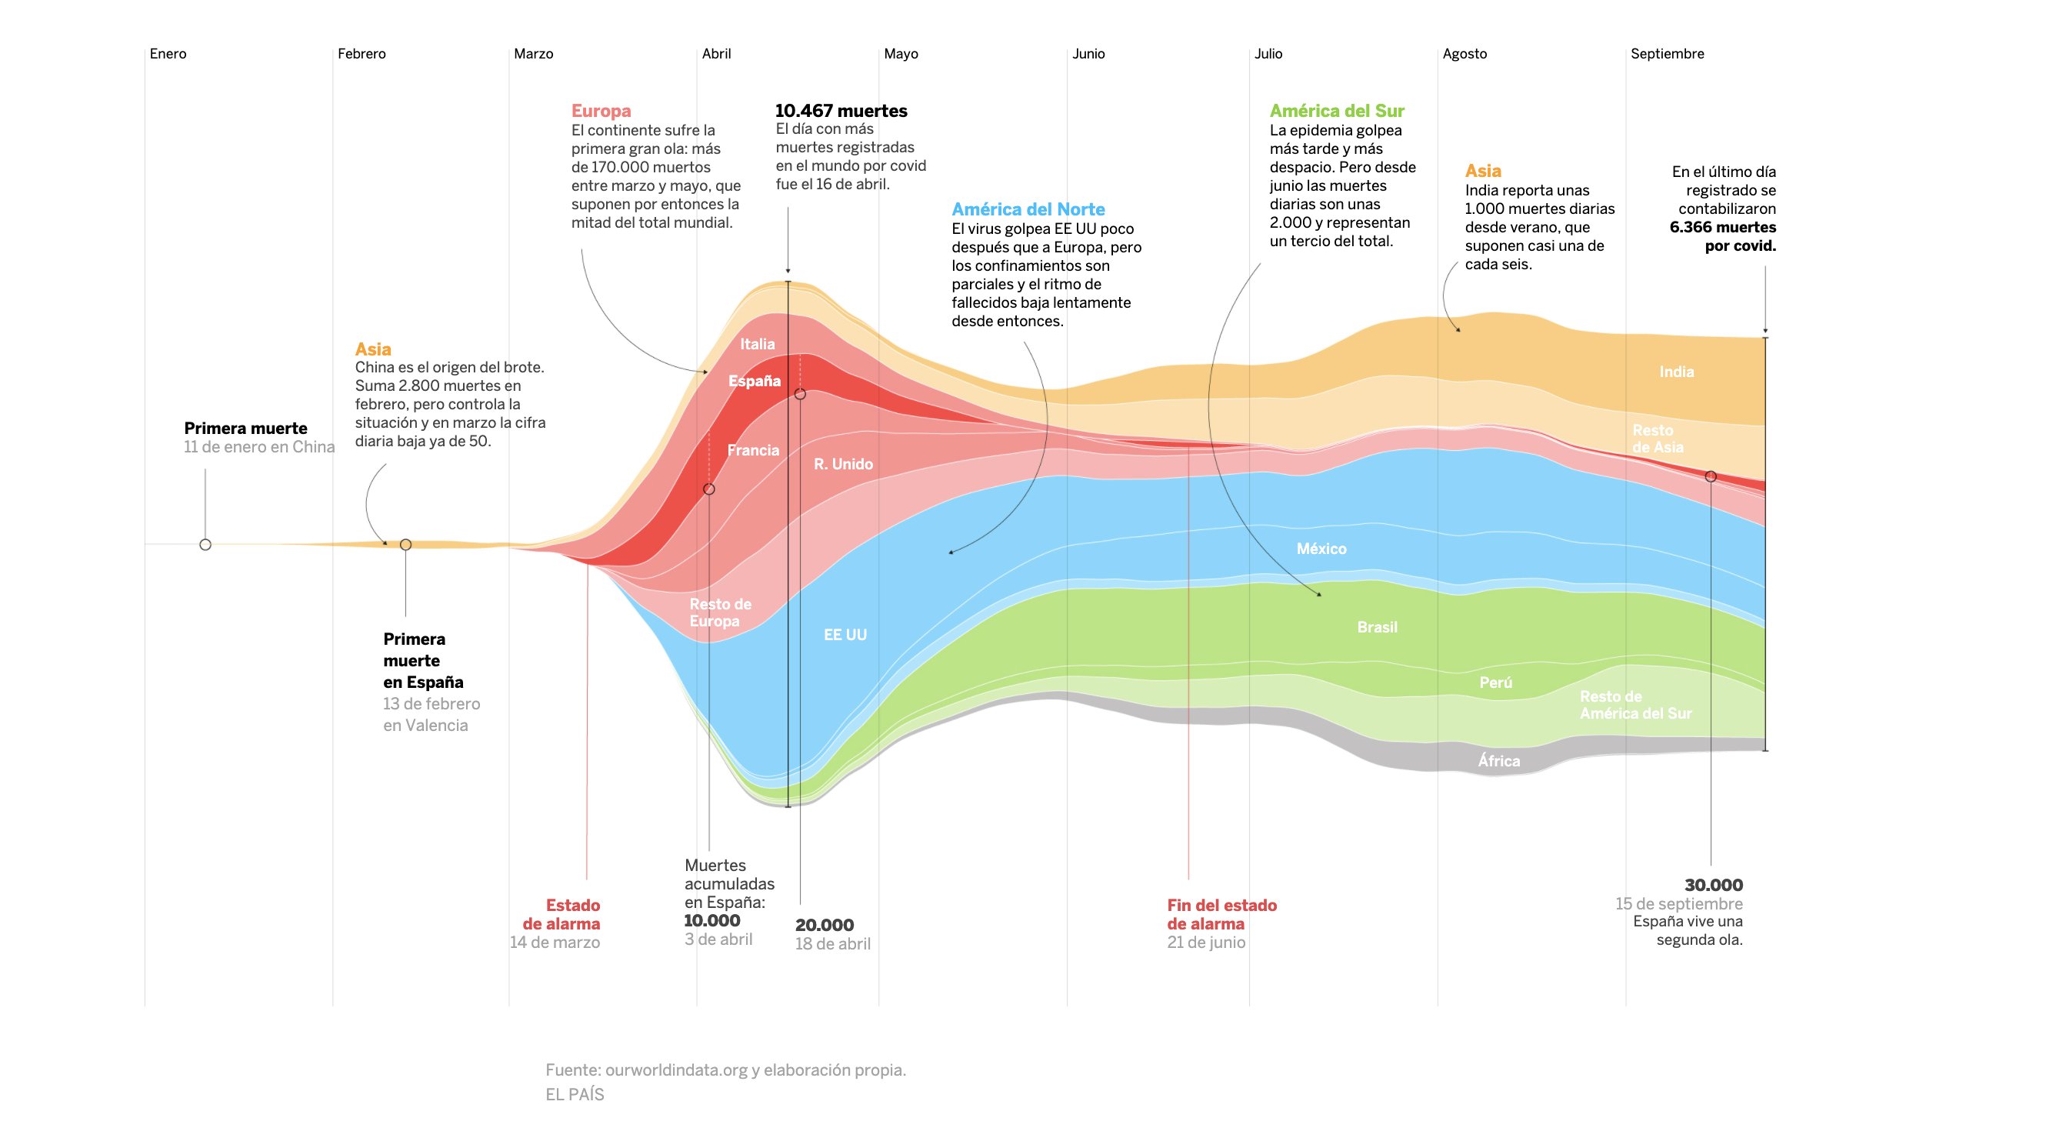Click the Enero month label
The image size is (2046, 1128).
(x=168, y=54)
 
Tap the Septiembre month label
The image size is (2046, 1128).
(x=1666, y=54)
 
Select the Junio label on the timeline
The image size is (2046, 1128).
(x=1088, y=54)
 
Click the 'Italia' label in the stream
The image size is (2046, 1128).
(x=757, y=344)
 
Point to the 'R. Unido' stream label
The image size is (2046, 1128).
(x=843, y=464)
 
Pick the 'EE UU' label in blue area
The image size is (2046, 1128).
(x=845, y=635)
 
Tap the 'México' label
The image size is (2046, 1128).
(x=1321, y=549)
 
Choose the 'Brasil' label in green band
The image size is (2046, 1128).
(x=1377, y=628)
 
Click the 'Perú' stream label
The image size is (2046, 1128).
(x=1495, y=683)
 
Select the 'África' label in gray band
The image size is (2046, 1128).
(x=1499, y=761)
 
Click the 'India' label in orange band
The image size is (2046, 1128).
(x=1676, y=372)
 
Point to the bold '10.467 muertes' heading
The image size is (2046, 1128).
(x=840, y=112)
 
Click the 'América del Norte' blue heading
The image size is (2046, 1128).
(x=1028, y=210)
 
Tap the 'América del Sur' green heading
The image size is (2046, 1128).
(x=1336, y=112)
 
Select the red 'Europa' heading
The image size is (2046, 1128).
(x=601, y=112)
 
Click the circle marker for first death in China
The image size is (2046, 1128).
(x=205, y=545)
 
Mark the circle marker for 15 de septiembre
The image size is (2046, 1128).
(x=1710, y=476)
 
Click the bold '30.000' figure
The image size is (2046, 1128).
(x=1713, y=885)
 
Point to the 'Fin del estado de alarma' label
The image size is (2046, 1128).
(x=1221, y=914)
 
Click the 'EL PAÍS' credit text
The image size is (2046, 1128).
(x=575, y=1095)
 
